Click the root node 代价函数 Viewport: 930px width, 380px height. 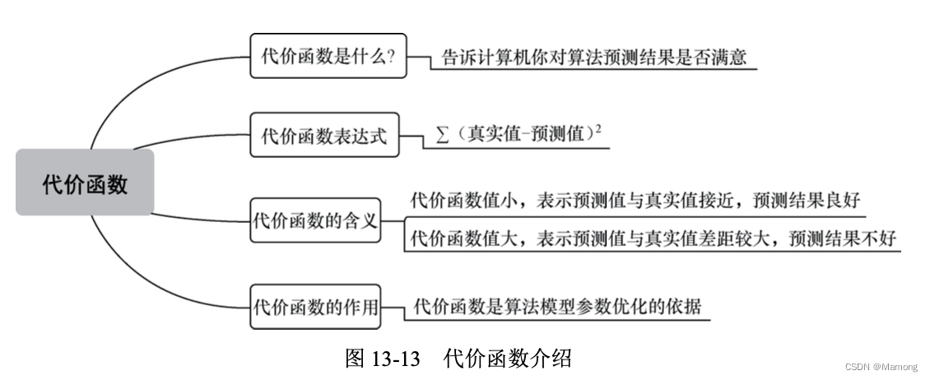point(85,183)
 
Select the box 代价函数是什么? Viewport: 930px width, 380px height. point(328,56)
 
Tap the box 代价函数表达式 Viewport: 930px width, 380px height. point(323,135)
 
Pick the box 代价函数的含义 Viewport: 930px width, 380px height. point(316,220)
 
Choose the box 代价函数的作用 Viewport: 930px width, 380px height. point(316,308)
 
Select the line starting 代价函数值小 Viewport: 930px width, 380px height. point(635,201)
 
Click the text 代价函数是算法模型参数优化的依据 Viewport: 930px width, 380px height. point(558,307)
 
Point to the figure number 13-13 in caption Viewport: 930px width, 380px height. point(395,359)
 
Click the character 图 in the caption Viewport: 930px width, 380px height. point(355,359)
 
